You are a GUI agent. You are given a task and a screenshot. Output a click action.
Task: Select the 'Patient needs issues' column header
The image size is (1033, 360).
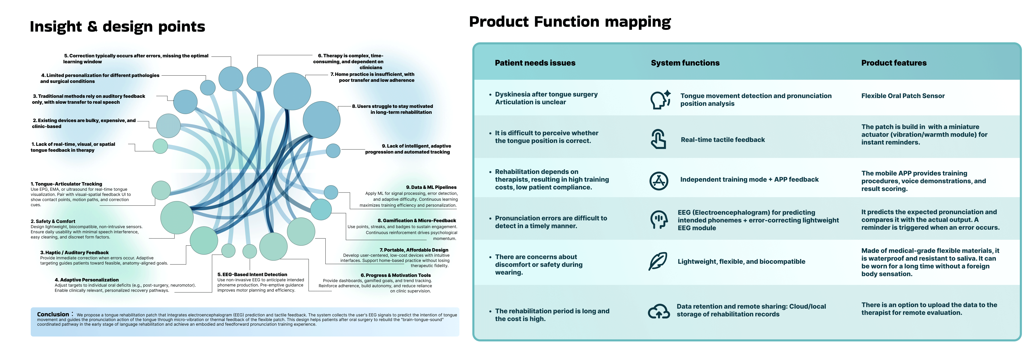[535, 63]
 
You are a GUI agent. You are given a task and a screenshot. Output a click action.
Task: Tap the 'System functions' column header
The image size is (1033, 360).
[685, 63]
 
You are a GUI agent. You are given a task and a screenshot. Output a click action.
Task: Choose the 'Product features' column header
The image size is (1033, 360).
[894, 63]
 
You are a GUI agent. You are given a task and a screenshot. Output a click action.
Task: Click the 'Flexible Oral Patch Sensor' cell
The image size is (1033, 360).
[903, 96]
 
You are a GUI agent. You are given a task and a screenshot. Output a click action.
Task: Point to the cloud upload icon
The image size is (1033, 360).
[659, 311]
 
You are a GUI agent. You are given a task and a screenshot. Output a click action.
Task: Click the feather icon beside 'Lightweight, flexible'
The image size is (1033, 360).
[658, 261]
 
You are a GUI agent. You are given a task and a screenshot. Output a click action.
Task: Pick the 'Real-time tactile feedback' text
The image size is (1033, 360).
[723, 140]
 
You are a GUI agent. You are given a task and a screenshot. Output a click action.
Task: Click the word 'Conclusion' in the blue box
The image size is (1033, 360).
[53, 314]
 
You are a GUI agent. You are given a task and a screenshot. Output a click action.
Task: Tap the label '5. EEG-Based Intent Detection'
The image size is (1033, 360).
[252, 275]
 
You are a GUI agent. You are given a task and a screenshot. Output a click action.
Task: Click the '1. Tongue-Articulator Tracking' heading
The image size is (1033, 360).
[67, 184]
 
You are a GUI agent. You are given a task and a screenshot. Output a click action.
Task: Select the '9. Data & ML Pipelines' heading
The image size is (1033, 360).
[431, 187]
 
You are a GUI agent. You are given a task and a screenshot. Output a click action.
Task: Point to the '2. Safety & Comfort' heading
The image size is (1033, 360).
[53, 221]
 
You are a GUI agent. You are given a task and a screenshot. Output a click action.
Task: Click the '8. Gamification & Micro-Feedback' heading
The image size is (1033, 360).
[417, 220]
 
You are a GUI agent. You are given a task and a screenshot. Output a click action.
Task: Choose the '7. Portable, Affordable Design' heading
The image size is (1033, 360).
[414, 250]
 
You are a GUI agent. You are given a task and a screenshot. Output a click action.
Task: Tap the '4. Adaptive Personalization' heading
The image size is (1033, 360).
[87, 280]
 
